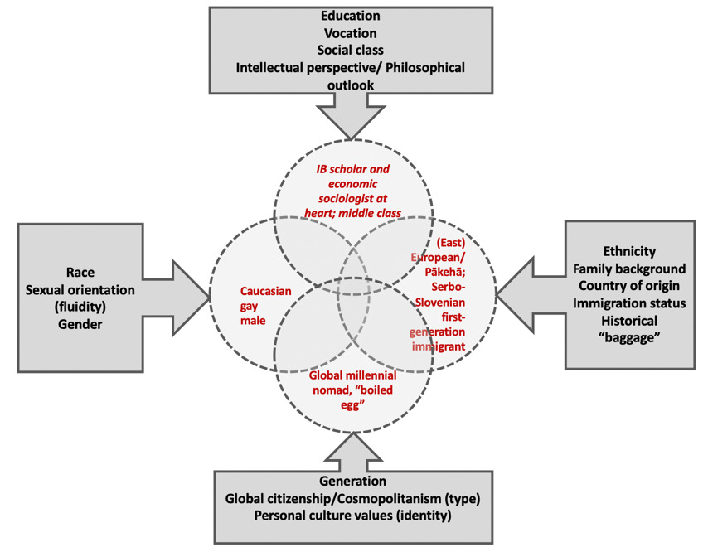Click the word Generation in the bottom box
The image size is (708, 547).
[352, 482]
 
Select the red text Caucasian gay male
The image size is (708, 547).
[259, 305]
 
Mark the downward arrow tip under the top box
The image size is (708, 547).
[352, 135]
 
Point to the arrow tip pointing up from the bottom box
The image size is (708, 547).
[352, 433]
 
